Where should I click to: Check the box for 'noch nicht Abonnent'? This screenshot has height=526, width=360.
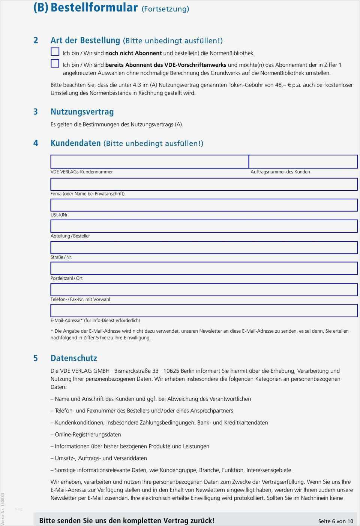point(55,52)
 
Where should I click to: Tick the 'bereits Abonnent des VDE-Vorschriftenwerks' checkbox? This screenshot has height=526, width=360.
point(55,63)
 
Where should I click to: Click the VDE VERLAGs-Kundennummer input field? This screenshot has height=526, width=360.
point(150,161)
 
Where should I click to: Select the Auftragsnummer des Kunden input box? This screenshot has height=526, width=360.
point(303,161)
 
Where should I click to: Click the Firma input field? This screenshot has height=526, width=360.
point(204,184)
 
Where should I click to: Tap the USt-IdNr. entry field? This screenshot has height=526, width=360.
point(204,205)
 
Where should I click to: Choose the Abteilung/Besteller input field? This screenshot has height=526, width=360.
point(204,226)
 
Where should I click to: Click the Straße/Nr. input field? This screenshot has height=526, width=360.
point(204,247)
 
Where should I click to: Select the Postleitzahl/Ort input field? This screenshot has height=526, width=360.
point(204,268)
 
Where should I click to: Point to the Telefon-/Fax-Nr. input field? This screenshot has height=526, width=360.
point(204,290)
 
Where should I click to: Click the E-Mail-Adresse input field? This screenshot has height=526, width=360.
point(204,311)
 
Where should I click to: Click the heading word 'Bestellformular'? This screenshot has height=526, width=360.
point(94,7)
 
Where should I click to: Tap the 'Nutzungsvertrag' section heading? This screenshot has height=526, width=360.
point(82,112)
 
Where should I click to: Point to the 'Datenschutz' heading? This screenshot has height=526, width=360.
point(74,358)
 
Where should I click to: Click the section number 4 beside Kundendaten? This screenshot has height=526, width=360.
point(36,143)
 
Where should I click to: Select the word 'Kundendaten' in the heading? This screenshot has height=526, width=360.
point(76,143)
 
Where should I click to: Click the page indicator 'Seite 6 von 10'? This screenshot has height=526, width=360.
point(336,521)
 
